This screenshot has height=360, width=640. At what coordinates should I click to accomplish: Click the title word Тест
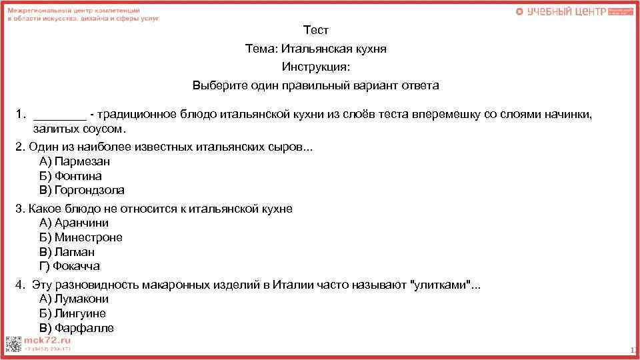click(316, 30)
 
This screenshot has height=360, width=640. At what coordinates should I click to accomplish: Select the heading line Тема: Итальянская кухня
click(315, 49)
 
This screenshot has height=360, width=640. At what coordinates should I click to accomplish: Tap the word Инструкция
click(315, 67)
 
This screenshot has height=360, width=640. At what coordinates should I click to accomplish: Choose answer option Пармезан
click(75, 161)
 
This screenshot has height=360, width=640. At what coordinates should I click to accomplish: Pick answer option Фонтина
click(71, 176)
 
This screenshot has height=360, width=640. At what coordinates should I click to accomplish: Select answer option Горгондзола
click(82, 191)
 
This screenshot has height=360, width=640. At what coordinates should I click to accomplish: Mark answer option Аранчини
click(74, 223)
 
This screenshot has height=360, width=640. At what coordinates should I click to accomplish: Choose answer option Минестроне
click(81, 237)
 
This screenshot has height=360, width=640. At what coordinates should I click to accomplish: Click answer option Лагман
click(67, 252)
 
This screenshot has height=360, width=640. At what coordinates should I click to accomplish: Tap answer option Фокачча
click(70, 266)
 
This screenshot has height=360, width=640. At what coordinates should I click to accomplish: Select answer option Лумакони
click(74, 299)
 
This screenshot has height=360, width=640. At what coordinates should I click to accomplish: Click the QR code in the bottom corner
click(13, 344)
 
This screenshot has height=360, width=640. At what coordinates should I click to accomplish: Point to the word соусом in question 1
click(106, 129)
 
